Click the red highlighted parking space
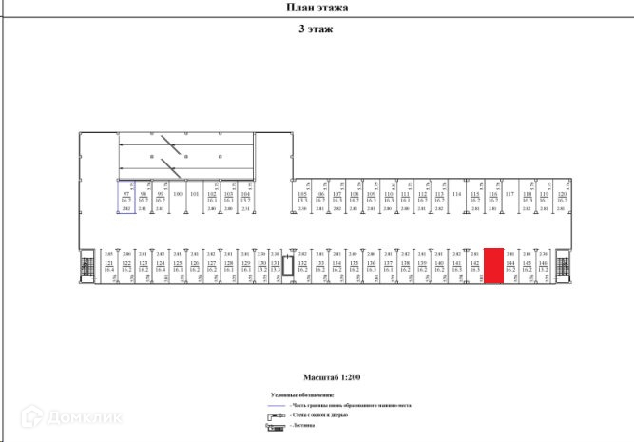(x=493, y=264)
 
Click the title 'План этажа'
(x=317, y=8)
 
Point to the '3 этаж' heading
(x=316, y=29)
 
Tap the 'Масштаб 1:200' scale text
(x=317, y=376)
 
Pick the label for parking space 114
(x=456, y=195)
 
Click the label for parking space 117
(x=509, y=195)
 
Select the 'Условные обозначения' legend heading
(x=301, y=394)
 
